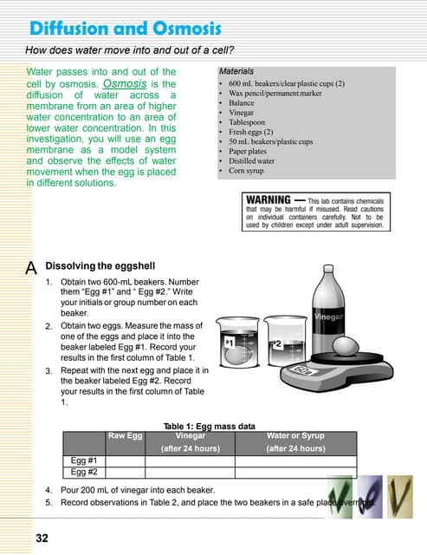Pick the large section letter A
[31, 268]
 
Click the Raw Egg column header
[125, 436]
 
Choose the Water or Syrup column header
[295, 436]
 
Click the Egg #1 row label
[84, 461]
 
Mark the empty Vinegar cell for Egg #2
[190, 473]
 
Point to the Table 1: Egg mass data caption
[209, 426]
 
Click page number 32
[42, 539]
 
